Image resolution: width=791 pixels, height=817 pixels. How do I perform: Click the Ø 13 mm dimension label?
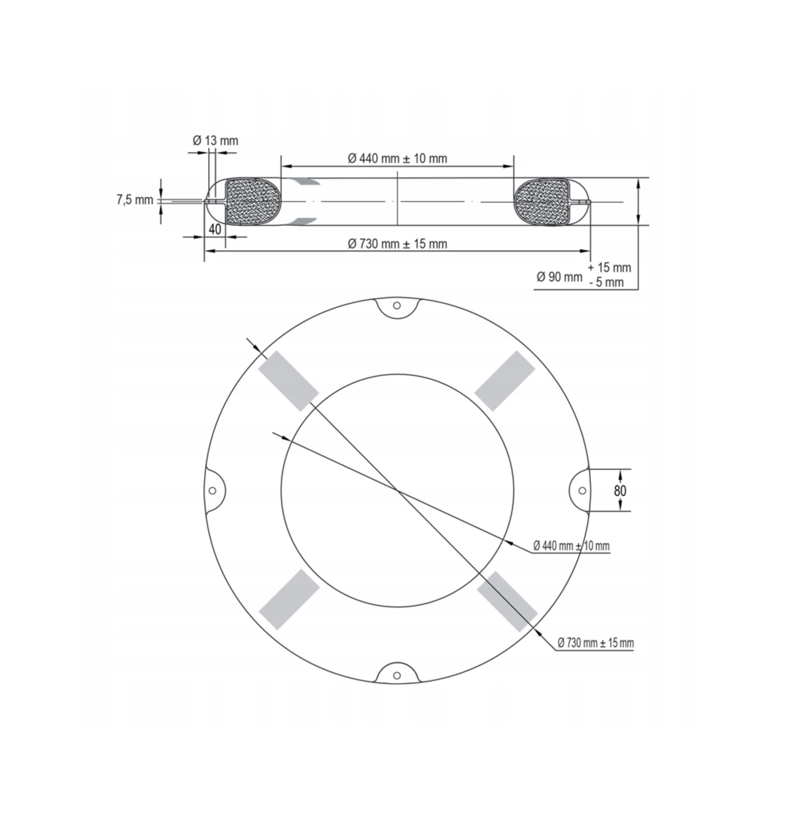click(x=215, y=141)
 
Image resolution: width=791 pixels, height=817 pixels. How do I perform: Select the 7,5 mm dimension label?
click(x=135, y=200)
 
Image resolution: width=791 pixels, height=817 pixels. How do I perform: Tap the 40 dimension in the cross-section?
click(x=215, y=229)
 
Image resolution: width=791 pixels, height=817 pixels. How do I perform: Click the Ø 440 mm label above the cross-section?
click(x=397, y=159)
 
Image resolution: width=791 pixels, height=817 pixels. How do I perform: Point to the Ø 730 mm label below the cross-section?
click(x=397, y=244)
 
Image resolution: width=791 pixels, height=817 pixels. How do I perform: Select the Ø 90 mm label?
click(x=559, y=277)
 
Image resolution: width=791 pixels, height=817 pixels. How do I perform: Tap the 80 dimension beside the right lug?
click(x=620, y=490)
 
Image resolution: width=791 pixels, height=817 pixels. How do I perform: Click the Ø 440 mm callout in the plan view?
click(x=571, y=546)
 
